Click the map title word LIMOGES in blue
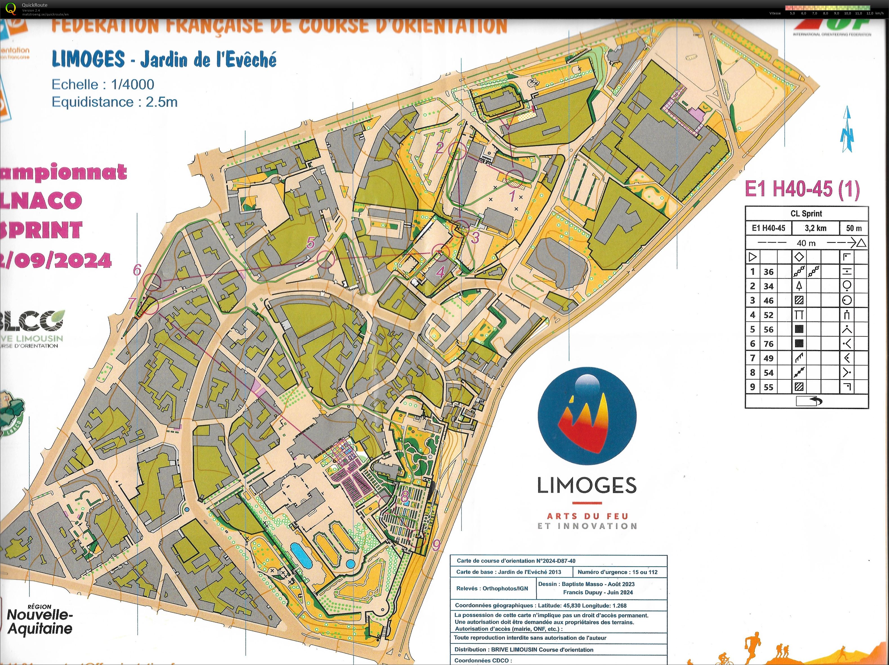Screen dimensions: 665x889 [x=88, y=59]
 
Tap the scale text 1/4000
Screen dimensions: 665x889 [x=133, y=84]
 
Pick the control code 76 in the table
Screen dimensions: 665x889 [x=769, y=344]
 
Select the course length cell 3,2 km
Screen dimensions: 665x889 [x=816, y=228]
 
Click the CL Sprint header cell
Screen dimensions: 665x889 [x=806, y=213]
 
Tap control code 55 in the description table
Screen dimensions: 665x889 [x=769, y=387]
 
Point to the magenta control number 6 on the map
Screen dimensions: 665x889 [x=137, y=270]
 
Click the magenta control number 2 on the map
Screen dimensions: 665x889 [x=440, y=148]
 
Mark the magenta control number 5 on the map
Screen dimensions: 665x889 [x=310, y=243]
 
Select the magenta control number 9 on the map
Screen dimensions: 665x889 [x=436, y=545]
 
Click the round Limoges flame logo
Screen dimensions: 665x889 [x=587, y=416]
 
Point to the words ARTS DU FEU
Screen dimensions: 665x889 [x=587, y=516]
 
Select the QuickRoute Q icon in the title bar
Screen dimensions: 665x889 [x=11, y=9]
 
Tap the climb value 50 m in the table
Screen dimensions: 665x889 [x=854, y=228]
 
